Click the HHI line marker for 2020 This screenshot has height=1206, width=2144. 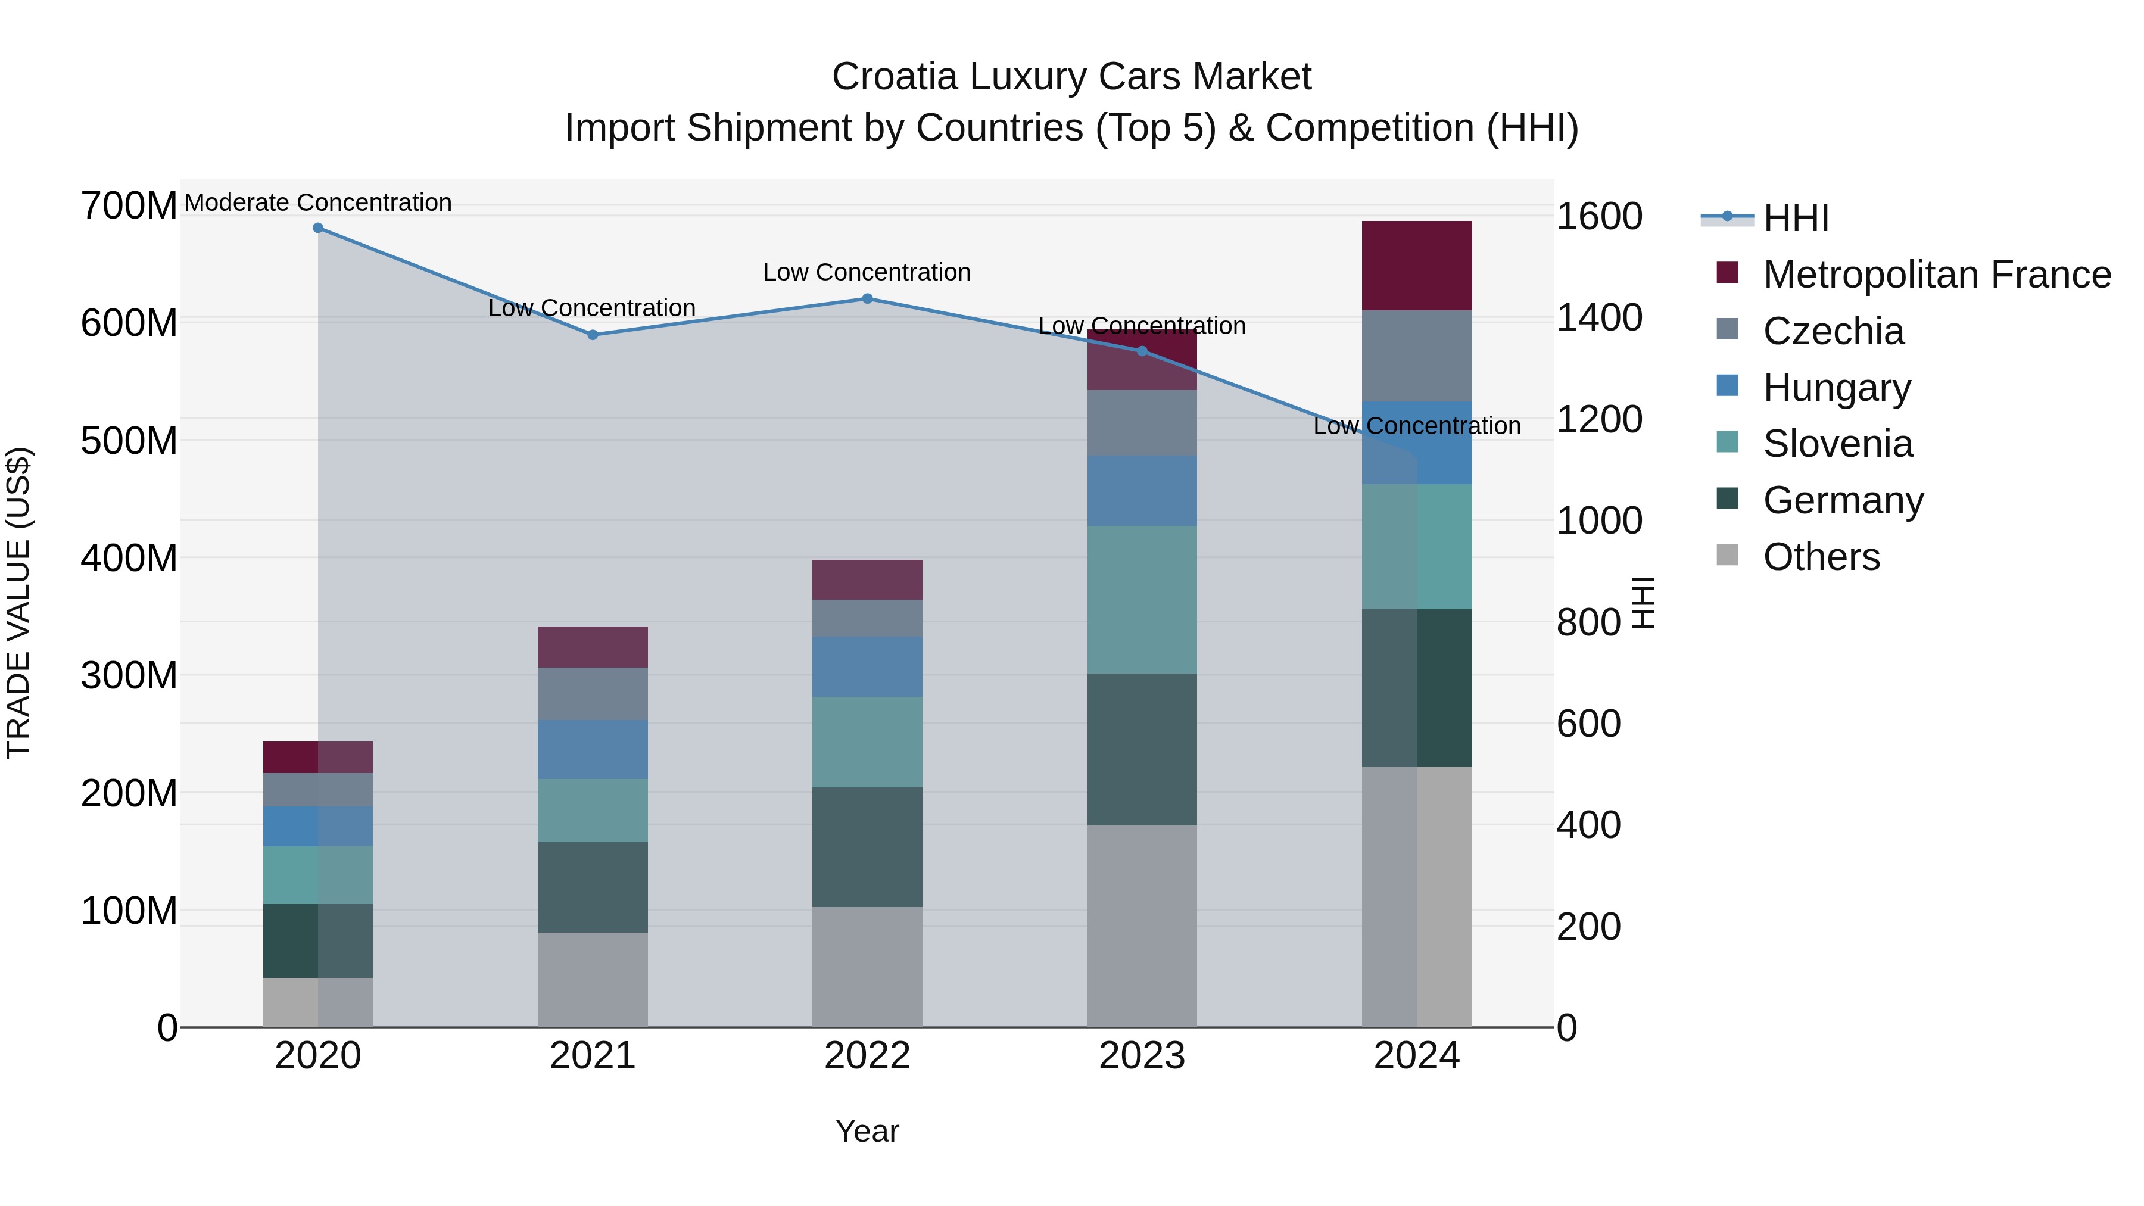click(x=318, y=228)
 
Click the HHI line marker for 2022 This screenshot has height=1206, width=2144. click(x=867, y=299)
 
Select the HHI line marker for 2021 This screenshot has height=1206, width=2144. click(x=593, y=335)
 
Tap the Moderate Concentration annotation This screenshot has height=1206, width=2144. click(x=318, y=203)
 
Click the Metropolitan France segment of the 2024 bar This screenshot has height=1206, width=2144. click(x=1417, y=266)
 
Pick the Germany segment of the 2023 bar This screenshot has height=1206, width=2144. click(x=1142, y=749)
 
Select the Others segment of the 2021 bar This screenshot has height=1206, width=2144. click(x=593, y=980)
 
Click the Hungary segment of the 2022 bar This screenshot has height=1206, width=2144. click(x=867, y=666)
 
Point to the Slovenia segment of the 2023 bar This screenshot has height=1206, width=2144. click(x=1142, y=599)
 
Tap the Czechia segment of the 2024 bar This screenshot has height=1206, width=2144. click(x=1417, y=356)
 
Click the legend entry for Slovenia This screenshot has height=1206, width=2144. click(x=1837, y=444)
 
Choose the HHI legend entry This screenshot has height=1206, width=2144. click(x=1795, y=218)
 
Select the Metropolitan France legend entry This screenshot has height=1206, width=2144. click(x=1936, y=275)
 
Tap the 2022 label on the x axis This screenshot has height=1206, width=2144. click(x=867, y=1056)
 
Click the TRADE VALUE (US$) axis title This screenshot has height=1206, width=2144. click(x=18, y=603)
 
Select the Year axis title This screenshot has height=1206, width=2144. click(x=867, y=1131)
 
